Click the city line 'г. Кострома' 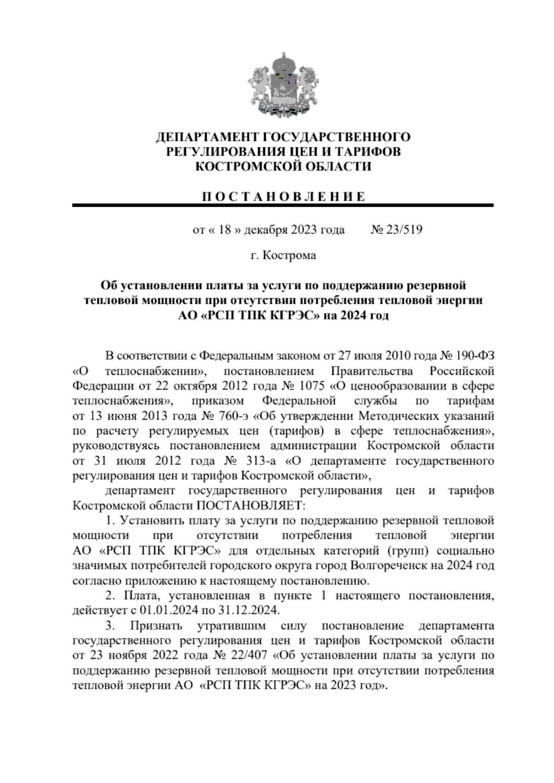coord(283,255)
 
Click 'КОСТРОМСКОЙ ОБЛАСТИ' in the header coord(283,167)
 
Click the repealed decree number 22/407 coord(250,655)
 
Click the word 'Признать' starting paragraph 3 coord(156,626)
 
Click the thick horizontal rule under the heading coord(283,205)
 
